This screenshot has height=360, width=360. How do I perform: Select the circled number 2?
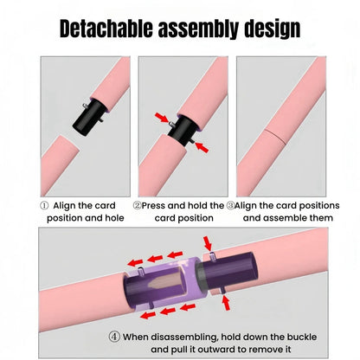[138, 206]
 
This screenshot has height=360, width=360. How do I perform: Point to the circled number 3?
[230, 206]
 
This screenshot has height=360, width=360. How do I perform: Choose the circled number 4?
[115, 337]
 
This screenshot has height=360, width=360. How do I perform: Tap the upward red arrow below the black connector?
[227, 302]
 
